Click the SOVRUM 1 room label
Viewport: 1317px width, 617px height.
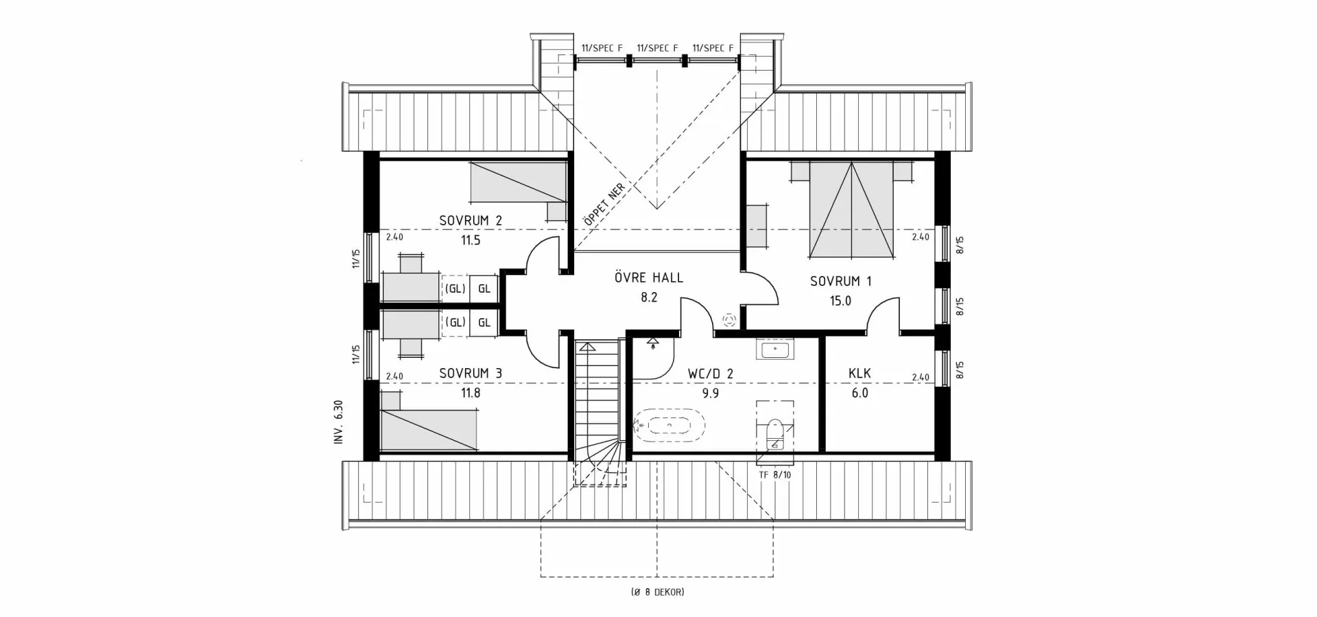[840, 281]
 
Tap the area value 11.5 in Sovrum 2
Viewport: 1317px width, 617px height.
[471, 241]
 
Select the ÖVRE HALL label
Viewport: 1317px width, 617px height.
[648, 278]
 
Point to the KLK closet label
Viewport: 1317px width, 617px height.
[859, 374]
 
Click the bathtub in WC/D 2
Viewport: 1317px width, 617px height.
[669, 426]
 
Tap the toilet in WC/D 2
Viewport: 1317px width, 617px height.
[775, 434]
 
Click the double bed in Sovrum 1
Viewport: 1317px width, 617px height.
[852, 209]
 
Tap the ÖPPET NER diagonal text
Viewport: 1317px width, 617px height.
[604, 205]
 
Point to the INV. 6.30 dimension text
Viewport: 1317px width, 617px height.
[338, 422]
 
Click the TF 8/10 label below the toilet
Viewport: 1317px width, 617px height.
[775, 474]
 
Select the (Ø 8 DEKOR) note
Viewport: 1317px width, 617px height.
[657, 592]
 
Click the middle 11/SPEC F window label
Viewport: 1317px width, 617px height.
[657, 48]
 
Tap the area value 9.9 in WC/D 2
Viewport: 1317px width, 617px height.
[711, 394]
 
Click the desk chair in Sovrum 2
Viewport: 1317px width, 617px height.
[411, 263]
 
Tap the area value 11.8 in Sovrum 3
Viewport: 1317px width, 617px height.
[471, 394]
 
